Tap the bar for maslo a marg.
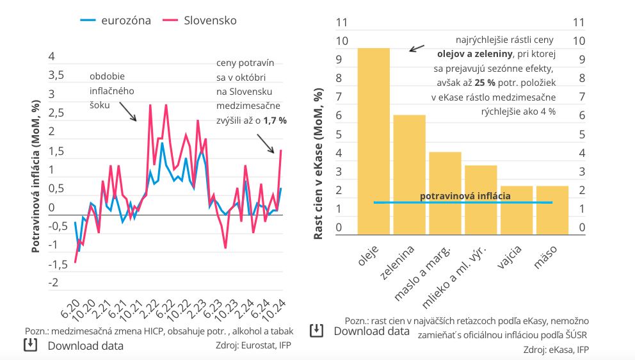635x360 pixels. (445, 193)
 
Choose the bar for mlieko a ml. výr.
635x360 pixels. (481, 199)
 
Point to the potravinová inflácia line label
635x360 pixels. (465, 195)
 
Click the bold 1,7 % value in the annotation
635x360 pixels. (275, 120)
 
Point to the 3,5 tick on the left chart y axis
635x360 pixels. (56, 75)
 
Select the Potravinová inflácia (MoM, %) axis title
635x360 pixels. (36, 168)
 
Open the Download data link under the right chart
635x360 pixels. (371, 331)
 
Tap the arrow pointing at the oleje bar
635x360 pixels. (417, 48)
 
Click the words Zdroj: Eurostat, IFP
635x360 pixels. (255, 345)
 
